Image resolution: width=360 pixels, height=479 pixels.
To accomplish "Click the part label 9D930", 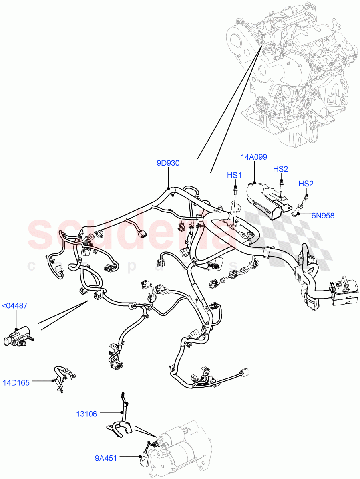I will (168, 163).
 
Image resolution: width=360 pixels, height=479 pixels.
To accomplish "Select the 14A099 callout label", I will (254, 157).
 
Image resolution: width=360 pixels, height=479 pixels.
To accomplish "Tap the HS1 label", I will (234, 175).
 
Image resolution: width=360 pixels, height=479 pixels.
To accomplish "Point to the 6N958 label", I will (323, 216).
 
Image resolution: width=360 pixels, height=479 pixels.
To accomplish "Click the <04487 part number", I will (15, 306).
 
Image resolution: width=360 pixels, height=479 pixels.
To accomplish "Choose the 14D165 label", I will (16, 383).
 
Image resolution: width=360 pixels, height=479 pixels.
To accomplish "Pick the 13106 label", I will (87, 414).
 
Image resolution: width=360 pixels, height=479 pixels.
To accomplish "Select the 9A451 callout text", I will (106, 458).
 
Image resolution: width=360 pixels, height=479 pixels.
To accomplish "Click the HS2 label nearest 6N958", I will (306, 184).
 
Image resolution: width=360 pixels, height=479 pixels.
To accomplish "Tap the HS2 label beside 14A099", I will (280, 169).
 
